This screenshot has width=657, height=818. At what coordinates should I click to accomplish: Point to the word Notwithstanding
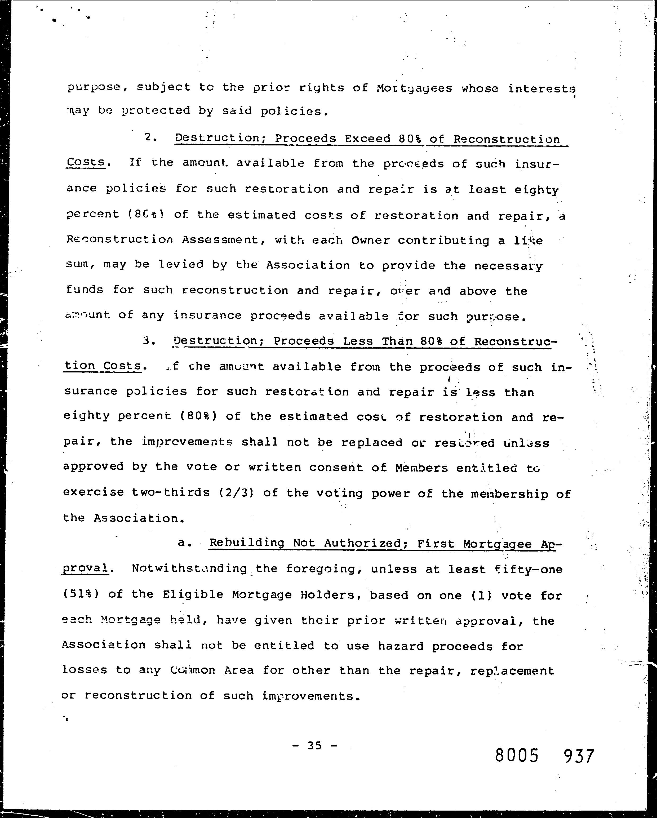[x=189, y=569]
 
